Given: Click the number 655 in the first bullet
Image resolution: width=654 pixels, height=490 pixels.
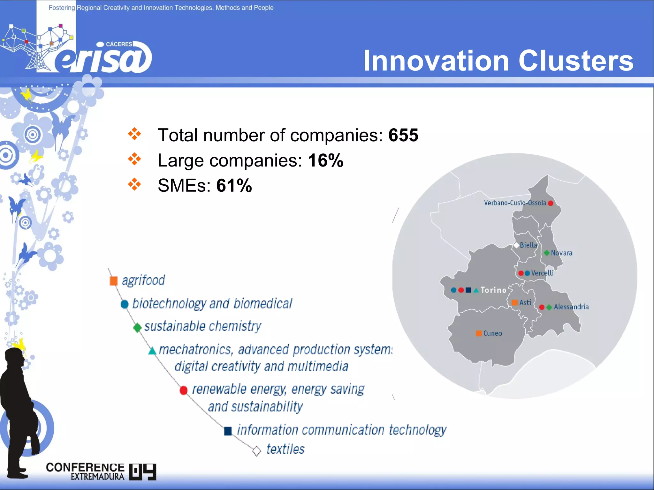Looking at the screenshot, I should click(403, 135).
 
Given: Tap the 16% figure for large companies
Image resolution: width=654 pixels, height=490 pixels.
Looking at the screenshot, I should click(325, 160).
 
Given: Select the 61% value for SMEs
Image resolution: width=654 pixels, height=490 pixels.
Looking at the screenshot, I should click(234, 185).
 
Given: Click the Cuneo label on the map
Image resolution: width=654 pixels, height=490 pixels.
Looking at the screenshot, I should click(492, 333).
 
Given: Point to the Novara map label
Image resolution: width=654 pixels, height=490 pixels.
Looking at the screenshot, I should click(561, 253).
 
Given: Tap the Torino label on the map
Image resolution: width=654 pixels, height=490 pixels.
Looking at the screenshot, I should click(493, 290).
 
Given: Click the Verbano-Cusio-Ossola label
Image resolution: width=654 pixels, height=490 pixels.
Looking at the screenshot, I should click(515, 203).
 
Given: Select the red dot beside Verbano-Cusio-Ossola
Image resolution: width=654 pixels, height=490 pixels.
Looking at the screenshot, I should click(551, 203).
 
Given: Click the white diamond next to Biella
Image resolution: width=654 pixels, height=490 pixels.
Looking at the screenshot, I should click(516, 245).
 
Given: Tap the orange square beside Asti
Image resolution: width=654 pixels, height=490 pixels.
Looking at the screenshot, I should click(514, 302).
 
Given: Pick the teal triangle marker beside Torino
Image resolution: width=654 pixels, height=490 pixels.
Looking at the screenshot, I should click(476, 290).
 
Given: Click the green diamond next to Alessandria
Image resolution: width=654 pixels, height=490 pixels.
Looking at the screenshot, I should click(549, 307).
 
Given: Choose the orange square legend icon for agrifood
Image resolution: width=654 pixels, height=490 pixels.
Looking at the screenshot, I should click(114, 281).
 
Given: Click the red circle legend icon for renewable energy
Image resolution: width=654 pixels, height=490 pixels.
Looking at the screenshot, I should click(184, 390).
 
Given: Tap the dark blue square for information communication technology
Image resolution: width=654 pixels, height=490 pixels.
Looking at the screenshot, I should click(228, 431).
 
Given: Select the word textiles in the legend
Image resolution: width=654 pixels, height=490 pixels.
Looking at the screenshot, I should click(285, 449).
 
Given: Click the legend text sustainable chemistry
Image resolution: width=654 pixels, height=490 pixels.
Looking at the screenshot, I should click(202, 326).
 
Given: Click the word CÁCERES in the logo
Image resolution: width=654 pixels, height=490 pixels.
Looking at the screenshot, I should click(119, 44).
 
